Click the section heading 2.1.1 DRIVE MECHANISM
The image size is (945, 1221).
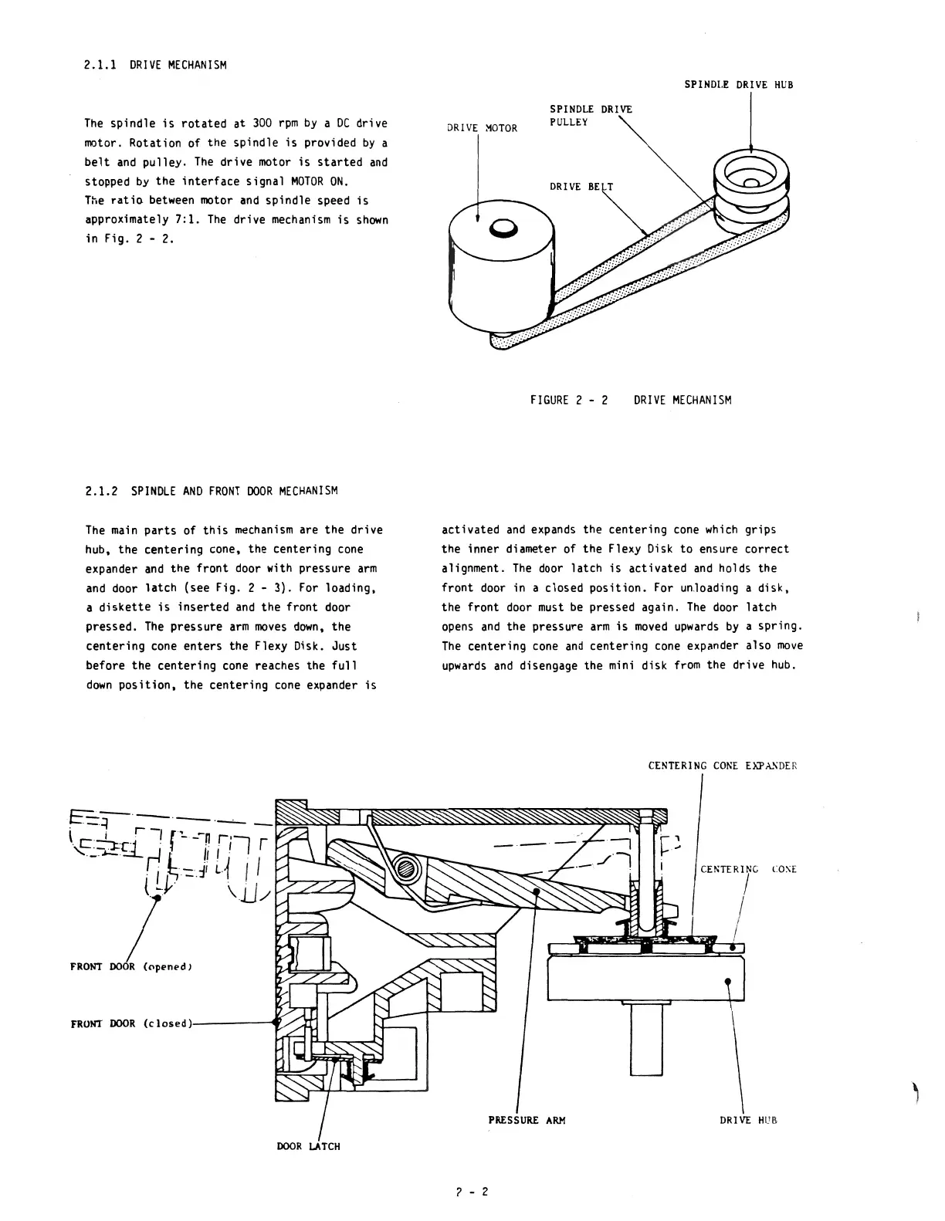(155, 65)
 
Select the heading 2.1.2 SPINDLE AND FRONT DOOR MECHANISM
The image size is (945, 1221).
(211, 491)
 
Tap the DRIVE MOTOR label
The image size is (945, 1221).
(483, 128)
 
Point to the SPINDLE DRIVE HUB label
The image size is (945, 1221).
(738, 85)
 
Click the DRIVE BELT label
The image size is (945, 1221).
(581, 187)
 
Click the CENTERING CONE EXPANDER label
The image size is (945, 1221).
(722, 766)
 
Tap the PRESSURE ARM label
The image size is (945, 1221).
(527, 1120)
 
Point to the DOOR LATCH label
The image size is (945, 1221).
(308, 1146)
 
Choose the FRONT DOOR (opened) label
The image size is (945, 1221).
(130, 966)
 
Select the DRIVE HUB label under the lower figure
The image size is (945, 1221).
(748, 1120)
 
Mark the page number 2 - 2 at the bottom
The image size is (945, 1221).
(472, 1191)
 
